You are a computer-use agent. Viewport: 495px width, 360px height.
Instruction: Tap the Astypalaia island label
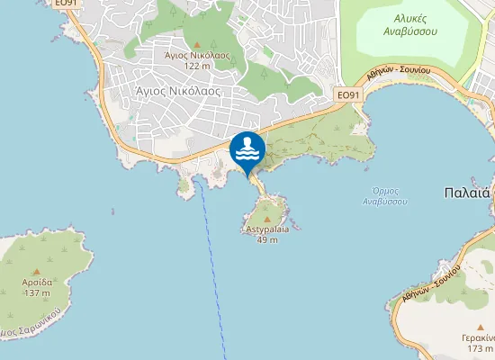tap(266, 229)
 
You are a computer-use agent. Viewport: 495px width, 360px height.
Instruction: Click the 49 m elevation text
tap(266, 239)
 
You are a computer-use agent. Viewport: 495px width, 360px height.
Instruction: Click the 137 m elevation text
tap(37, 292)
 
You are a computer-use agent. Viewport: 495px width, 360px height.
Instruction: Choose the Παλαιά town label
tap(466, 192)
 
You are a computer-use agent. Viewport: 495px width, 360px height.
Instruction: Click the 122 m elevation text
tap(196, 66)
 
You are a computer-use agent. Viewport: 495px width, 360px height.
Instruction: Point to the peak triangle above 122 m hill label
tap(196, 44)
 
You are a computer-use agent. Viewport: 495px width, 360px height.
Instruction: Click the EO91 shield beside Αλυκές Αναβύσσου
tap(347, 94)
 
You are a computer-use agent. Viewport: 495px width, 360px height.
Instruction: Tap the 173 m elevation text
tap(480, 348)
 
